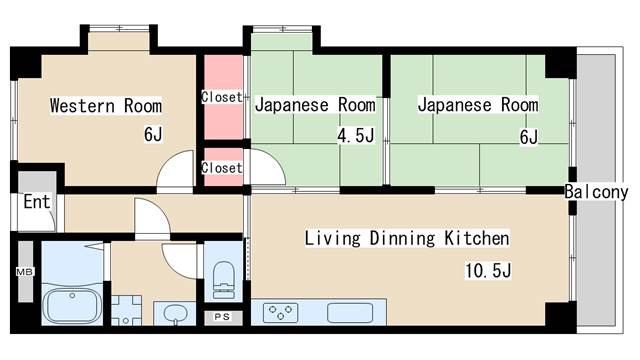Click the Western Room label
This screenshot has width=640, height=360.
(106, 105)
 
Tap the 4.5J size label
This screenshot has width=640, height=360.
(356, 135)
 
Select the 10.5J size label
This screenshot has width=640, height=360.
(488, 270)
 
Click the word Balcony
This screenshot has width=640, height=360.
(596, 192)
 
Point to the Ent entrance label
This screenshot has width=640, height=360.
(37, 202)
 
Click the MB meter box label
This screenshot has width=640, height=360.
(24, 271)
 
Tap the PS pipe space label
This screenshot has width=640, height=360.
(222, 317)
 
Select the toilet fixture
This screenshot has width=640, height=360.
(224, 280)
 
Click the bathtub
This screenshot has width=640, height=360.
(73, 306)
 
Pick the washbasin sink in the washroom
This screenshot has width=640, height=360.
(175, 314)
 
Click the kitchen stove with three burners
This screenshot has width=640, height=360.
(280, 313)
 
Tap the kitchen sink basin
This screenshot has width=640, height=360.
(350, 313)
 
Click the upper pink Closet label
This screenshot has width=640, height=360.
(222, 97)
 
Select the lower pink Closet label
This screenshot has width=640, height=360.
(222, 168)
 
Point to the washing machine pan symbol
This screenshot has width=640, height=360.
(126, 311)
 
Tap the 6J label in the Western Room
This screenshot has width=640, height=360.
(153, 134)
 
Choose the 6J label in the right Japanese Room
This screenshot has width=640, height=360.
(529, 137)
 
